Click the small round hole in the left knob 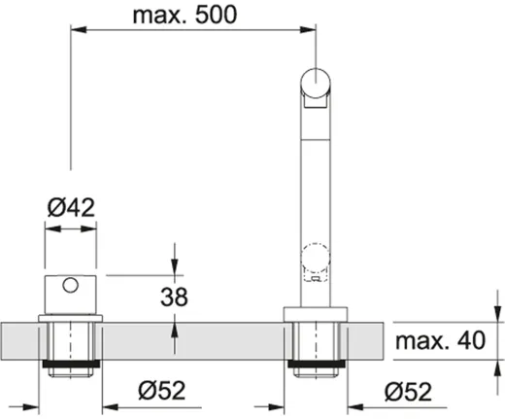(x=70, y=286)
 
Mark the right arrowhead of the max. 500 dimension (x=311, y=31)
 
